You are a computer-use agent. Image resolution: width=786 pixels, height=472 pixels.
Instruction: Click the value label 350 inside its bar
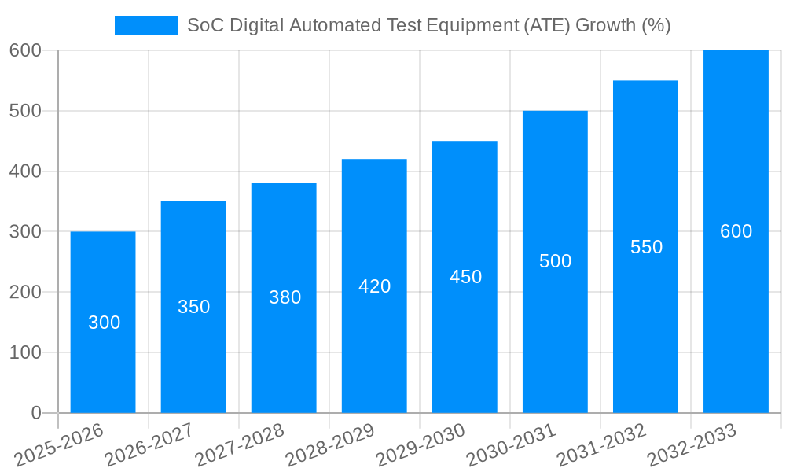pos(193,307)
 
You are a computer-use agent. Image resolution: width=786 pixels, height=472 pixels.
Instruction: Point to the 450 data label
pos(465,277)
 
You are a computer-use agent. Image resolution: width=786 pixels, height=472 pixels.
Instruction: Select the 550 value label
pos(646,247)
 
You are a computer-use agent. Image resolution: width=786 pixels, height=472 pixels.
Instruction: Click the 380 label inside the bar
pos(285,297)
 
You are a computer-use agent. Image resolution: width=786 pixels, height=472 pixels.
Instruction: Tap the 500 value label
pos(555,261)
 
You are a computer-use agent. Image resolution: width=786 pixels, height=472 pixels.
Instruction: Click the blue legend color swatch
pos(146,25)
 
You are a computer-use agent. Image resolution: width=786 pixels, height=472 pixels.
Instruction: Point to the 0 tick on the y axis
pos(36,413)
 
